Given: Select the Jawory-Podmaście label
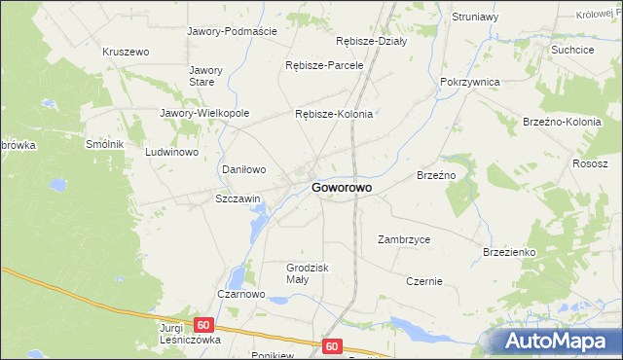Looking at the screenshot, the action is [x=232, y=31].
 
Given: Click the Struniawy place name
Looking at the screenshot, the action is [x=475, y=17].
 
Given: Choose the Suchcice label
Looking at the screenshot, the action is [x=572, y=49].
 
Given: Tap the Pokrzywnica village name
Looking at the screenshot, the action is [x=469, y=83].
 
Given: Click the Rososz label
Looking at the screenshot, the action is [x=591, y=163].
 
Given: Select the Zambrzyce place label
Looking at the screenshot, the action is [x=404, y=238].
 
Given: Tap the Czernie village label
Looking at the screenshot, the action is [x=424, y=281].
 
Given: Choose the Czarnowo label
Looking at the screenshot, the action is [x=241, y=293].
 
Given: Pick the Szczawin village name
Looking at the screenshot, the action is [x=238, y=198].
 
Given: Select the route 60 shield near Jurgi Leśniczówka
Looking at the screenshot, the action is [x=203, y=325].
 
